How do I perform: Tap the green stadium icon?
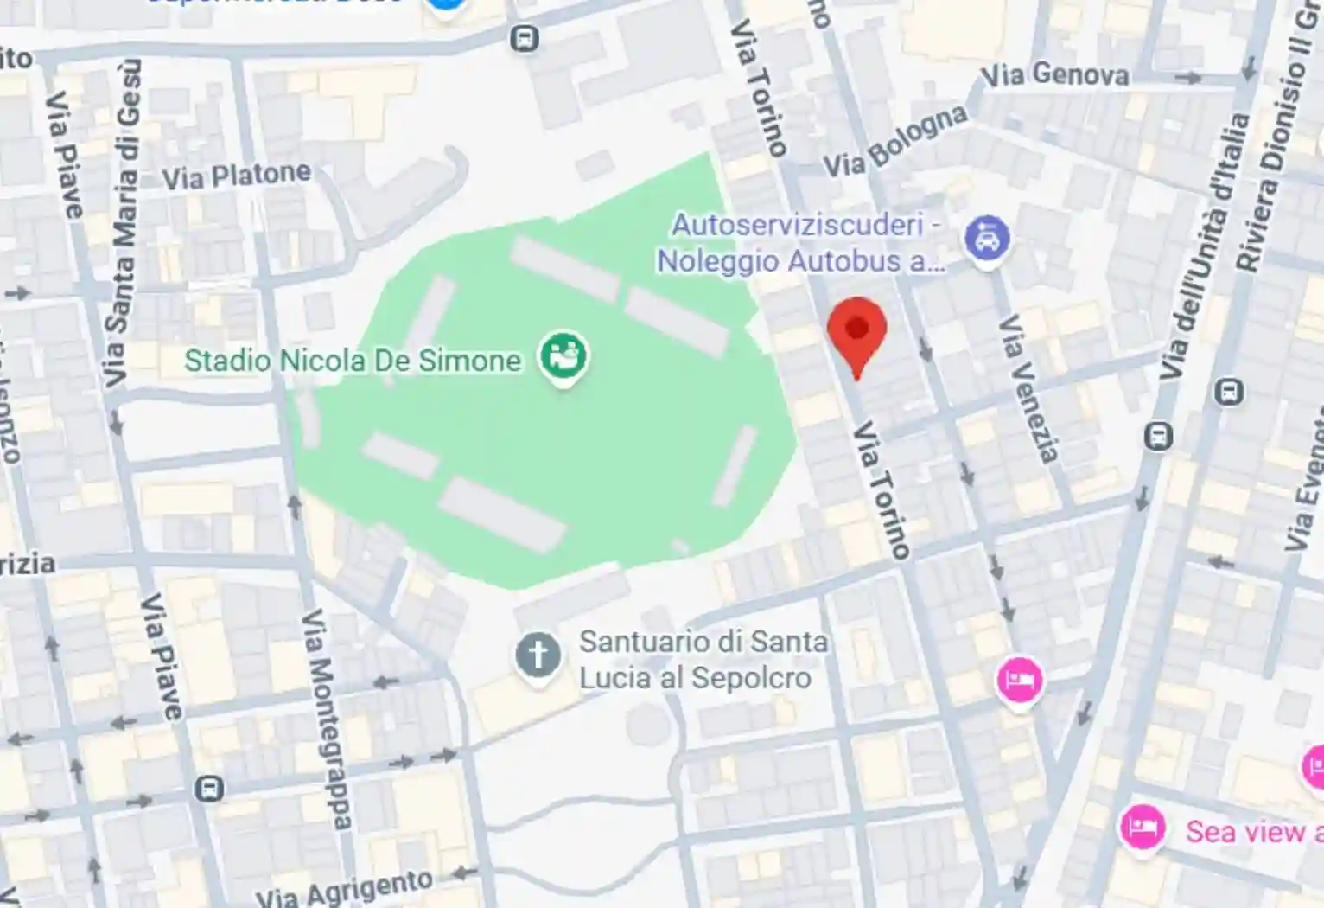point(563,355)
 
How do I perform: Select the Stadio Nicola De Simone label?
point(353,361)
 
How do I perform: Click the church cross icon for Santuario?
point(538,655)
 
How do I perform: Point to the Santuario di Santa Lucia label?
point(702,660)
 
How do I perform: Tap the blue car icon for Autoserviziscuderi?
point(987,239)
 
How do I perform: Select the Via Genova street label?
point(1054,75)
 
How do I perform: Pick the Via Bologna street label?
point(894,142)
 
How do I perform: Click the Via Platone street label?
point(236,176)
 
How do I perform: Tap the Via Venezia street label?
point(1028,388)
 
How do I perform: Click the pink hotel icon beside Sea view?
point(1142,828)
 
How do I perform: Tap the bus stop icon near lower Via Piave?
point(209,789)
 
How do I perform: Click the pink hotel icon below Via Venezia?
point(1019,680)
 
